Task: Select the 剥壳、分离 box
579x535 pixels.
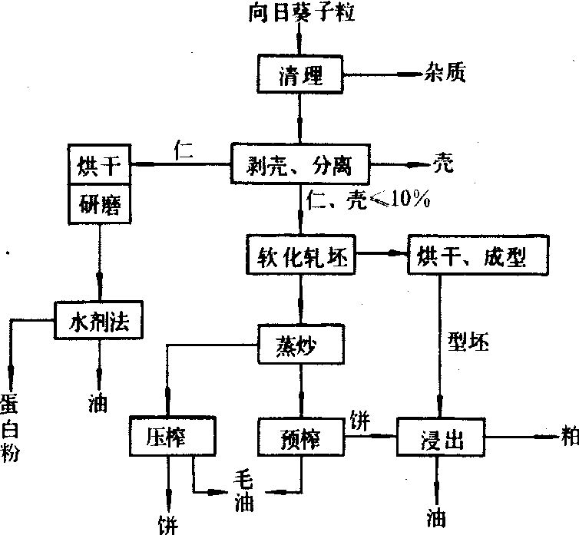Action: pos(299,163)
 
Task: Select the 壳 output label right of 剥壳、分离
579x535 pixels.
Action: pos(440,163)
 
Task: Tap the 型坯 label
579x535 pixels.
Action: pos(469,344)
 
